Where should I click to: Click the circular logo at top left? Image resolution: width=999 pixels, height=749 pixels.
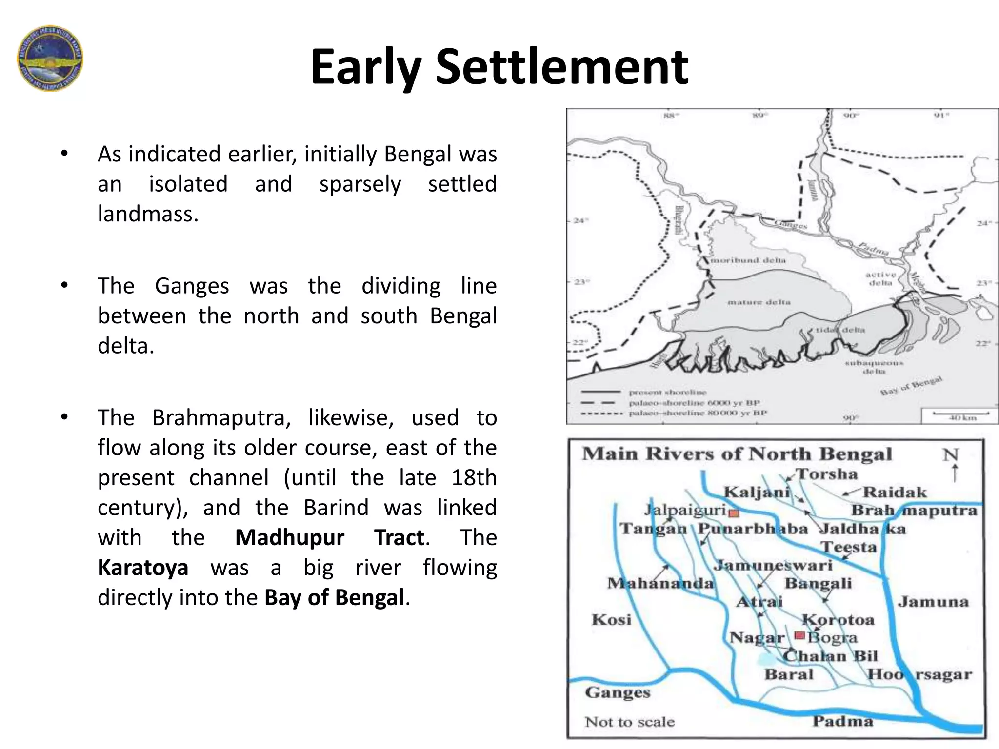click(50, 58)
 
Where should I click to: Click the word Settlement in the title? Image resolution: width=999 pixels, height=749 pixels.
click(561, 67)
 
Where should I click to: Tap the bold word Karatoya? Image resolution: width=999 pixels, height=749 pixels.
click(142, 568)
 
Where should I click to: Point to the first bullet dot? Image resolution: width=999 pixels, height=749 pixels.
click(64, 154)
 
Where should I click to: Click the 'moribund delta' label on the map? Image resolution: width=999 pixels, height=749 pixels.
click(748, 260)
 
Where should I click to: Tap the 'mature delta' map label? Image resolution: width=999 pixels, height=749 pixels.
click(759, 302)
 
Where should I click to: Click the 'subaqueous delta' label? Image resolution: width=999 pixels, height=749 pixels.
click(874, 367)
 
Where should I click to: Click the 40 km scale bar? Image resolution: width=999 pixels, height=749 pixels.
click(960, 414)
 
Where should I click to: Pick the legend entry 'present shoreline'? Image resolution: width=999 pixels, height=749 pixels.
click(667, 392)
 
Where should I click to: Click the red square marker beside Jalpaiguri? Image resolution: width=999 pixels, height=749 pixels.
click(734, 512)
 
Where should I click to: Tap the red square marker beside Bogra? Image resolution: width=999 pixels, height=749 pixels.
click(799, 635)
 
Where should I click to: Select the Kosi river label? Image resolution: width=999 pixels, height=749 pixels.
click(611, 620)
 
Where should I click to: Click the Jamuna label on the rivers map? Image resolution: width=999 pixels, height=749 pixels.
click(933, 602)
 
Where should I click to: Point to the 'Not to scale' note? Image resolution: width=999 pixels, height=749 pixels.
click(629, 721)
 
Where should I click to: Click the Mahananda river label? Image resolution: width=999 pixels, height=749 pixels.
click(660, 583)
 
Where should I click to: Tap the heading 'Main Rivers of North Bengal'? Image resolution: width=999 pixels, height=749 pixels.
click(737, 454)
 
